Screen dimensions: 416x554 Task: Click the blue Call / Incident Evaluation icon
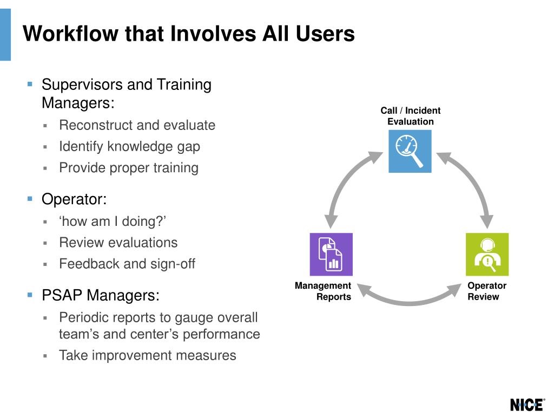coord(410,151)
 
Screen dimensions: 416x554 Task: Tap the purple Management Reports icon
coord(331,254)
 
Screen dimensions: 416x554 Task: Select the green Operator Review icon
coord(487,254)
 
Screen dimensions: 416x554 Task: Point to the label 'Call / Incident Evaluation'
coord(410,116)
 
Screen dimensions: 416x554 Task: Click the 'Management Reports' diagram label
coord(323,291)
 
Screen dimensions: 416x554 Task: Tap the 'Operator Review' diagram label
coord(487,291)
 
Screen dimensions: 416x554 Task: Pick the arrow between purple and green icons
coord(409,297)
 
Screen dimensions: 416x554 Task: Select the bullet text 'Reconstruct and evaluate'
coord(137,125)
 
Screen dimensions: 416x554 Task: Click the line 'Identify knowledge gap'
coord(129,146)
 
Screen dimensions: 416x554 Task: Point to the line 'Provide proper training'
coord(129,167)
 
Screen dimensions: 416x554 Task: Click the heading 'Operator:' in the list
coord(74,199)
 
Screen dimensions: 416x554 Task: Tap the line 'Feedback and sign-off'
coord(127,264)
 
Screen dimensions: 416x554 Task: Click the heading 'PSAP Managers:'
coord(101,296)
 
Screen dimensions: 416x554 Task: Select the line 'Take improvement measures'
coord(148,355)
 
